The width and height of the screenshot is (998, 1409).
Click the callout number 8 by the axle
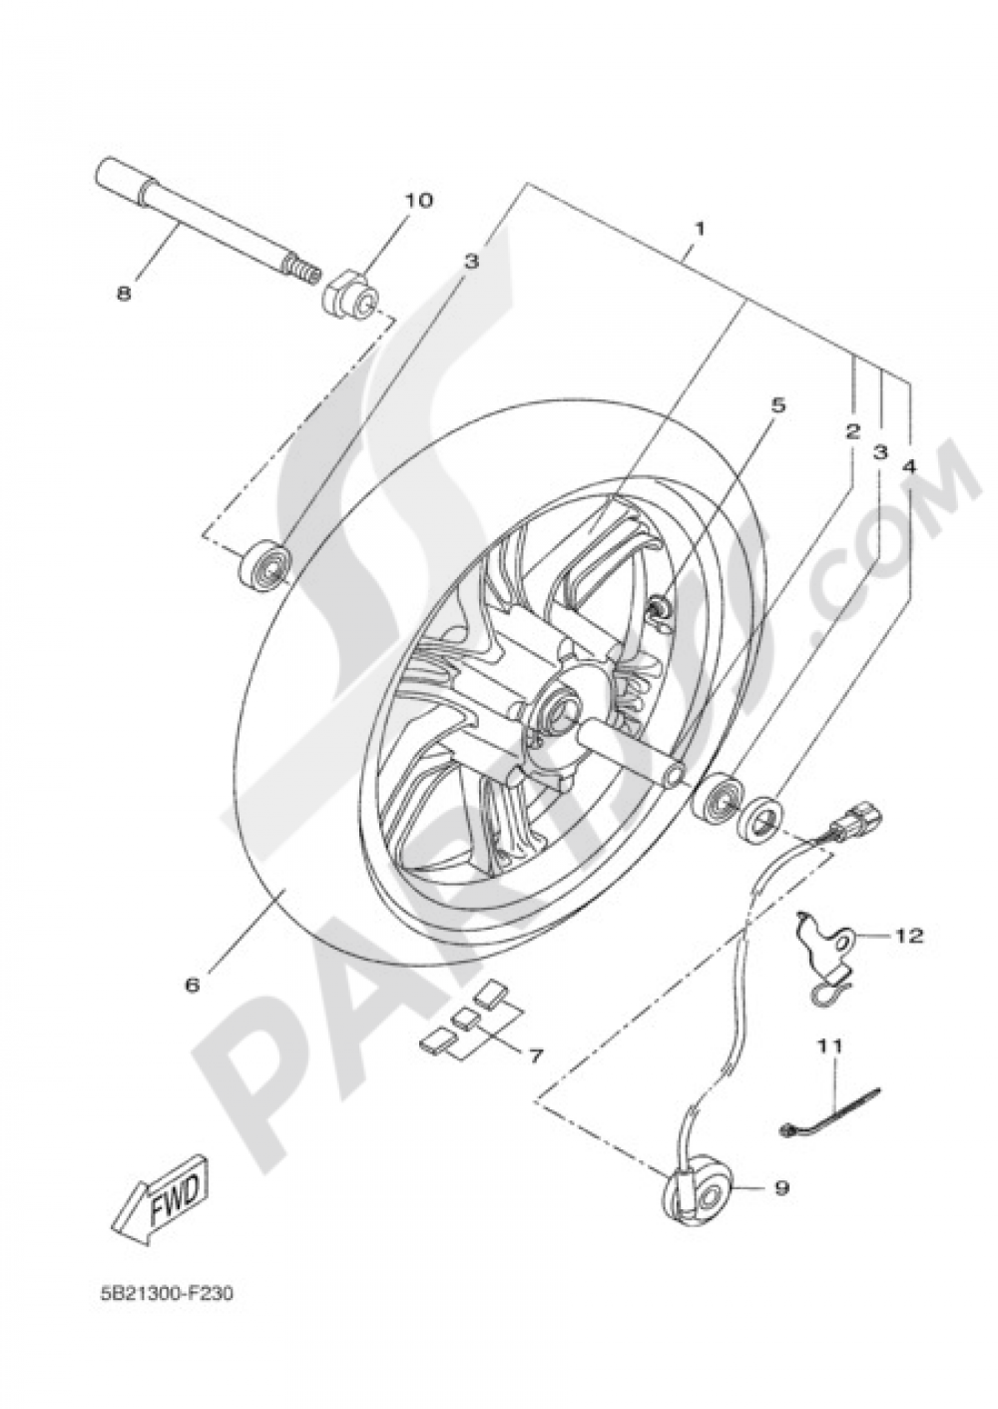(123, 294)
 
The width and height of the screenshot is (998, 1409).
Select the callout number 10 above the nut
(418, 200)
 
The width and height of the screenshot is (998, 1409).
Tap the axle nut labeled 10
(352, 296)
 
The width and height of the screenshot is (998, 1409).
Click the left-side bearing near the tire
(264, 565)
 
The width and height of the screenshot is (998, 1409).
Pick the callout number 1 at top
(700, 229)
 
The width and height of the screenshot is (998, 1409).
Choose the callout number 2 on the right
(851, 431)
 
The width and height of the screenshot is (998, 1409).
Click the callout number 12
(908, 936)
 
